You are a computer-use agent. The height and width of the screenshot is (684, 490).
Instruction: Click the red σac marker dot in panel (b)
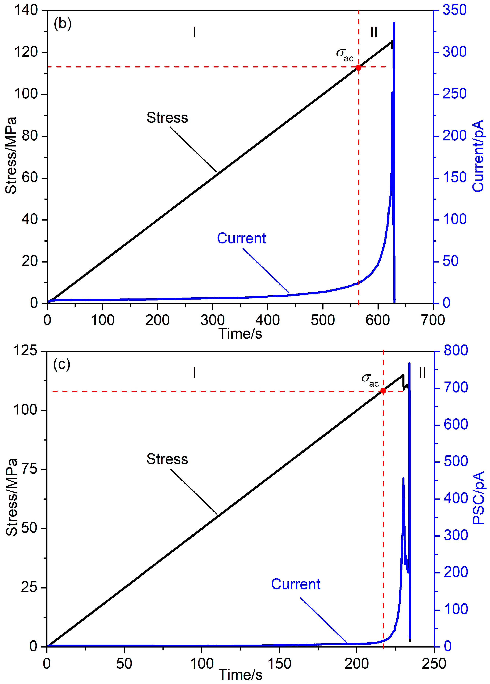[x=358, y=67]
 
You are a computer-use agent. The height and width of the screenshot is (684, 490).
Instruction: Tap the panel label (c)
[x=62, y=364]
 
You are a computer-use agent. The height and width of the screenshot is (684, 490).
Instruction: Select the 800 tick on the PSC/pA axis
[x=456, y=351]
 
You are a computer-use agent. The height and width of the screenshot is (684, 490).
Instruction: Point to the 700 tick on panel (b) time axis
[x=433, y=320]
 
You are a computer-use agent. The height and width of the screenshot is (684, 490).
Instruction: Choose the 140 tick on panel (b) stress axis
[x=26, y=10]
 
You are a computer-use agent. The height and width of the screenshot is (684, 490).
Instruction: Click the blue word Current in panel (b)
[x=241, y=239]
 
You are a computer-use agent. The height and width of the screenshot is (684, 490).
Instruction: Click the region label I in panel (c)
[x=194, y=373]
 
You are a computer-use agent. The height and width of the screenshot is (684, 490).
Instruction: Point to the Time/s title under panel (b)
[x=240, y=333]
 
